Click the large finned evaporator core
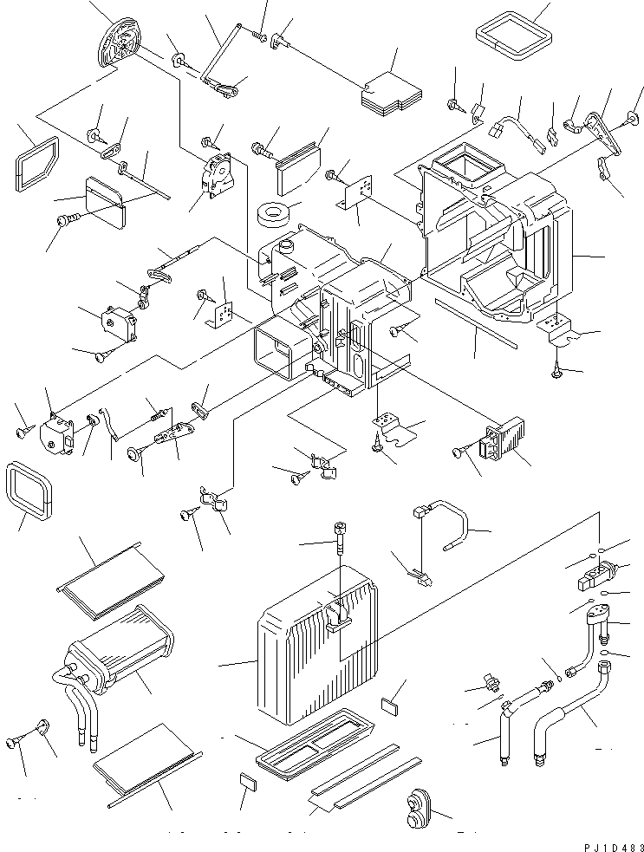(x=315, y=652)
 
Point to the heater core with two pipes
(x=116, y=655)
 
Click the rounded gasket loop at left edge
(x=30, y=490)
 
